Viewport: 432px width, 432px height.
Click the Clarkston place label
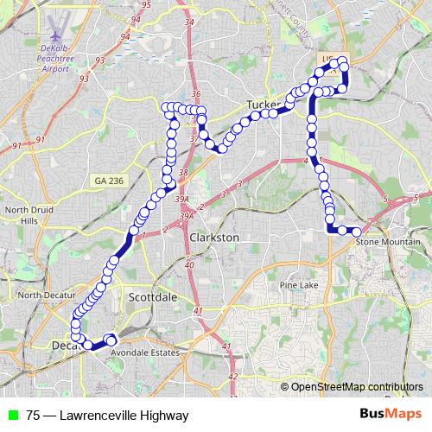tap(213, 237)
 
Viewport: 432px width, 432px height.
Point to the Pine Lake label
tap(299, 284)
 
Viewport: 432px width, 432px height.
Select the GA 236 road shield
tap(107, 180)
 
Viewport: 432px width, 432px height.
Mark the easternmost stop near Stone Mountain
tap(356, 232)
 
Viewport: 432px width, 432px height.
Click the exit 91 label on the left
tap(41, 138)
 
